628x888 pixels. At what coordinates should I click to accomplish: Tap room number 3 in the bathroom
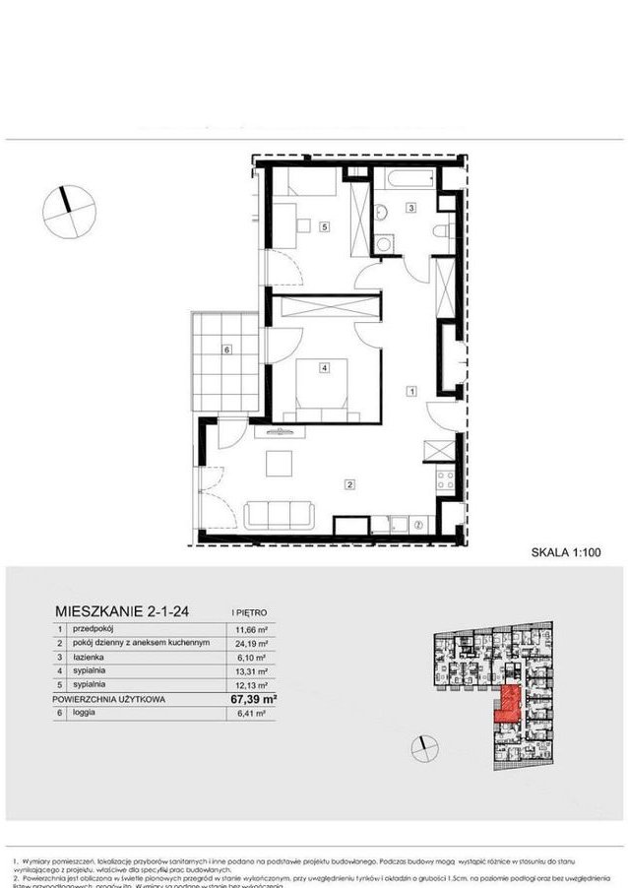tap(411, 207)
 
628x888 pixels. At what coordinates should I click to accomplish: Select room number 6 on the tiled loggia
tap(227, 349)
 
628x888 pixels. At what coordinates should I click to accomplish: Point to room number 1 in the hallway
tap(411, 390)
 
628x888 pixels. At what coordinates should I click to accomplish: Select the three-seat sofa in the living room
tap(280, 514)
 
